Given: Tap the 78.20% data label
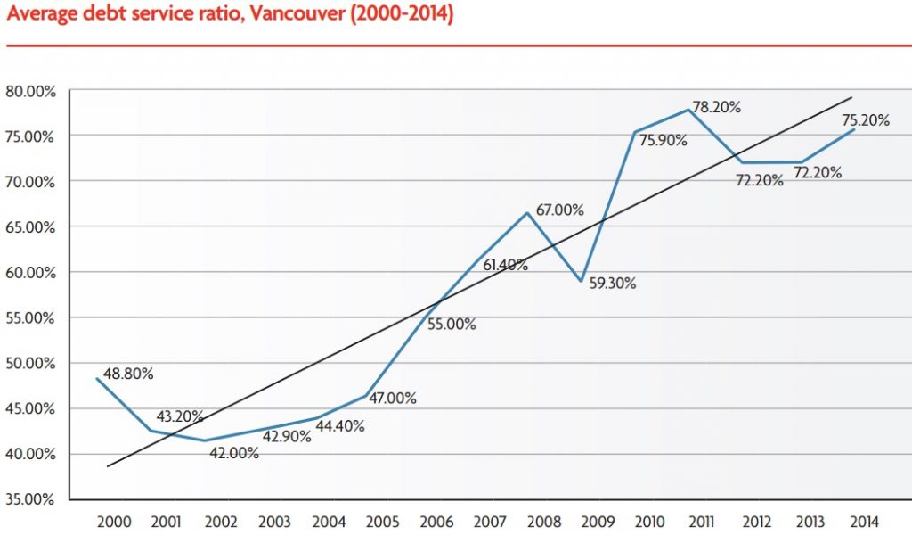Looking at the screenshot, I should click(717, 107).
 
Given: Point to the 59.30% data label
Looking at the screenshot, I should click(614, 284).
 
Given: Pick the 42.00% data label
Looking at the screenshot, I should click(233, 453).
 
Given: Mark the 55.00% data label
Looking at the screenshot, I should click(452, 325).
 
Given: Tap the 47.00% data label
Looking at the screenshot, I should click(391, 399).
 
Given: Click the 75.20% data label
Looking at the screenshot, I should click(864, 120).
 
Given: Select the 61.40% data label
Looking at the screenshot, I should click(504, 265).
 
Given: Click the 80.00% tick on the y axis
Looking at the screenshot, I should click(30, 90).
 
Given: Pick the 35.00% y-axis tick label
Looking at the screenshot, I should click(30, 499).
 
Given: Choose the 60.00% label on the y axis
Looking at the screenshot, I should click(30, 272).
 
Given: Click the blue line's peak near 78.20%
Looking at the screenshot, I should click(690, 110).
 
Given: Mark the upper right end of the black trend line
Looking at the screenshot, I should click(852, 97).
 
